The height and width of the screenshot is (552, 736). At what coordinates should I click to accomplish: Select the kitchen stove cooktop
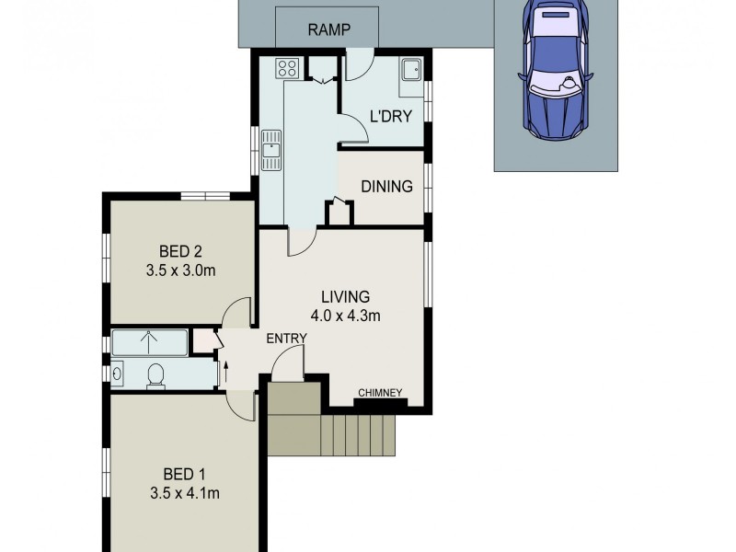click(x=285, y=67)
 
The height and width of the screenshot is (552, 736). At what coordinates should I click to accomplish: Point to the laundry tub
click(x=410, y=70)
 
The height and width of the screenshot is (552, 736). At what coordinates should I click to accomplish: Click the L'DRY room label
click(x=390, y=116)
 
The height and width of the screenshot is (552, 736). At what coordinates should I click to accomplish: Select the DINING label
click(x=386, y=187)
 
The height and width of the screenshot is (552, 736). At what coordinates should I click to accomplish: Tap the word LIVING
click(x=345, y=297)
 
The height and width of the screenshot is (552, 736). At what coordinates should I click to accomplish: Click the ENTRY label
click(x=286, y=339)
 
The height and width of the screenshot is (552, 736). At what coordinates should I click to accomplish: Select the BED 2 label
click(x=180, y=251)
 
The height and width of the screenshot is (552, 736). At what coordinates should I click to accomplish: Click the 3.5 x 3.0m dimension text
click(x=180, y=270)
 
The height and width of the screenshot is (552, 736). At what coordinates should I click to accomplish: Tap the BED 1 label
click(x=184, y=474)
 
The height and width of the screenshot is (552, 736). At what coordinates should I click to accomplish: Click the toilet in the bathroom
click(x=155, y=374)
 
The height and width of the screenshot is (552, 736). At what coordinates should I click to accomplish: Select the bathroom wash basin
click(x=118, y=374)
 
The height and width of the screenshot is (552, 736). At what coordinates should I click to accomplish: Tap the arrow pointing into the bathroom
click(x=226, y=374)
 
